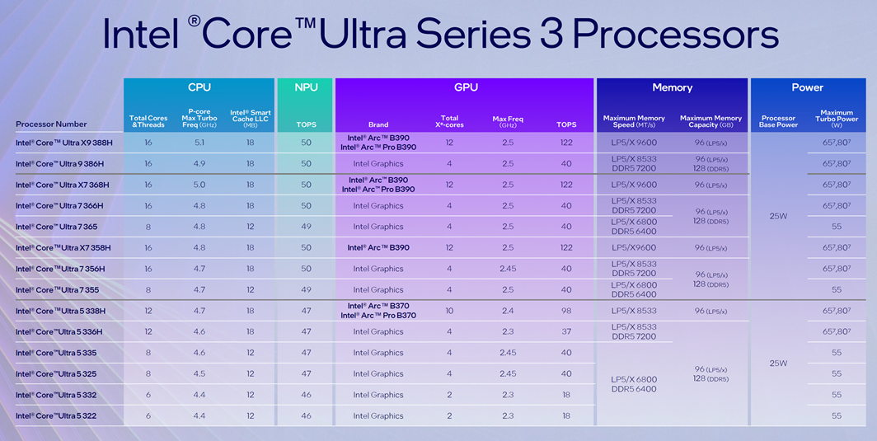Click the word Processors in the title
click(x=676, y=35)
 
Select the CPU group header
click(x=199, y=87)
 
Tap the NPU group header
click(x=306, y=87)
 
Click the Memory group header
click(x=672, y=87)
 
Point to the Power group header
click(x=807, y=87)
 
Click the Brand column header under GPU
click(x=378, y=125)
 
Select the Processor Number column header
click(x=51, y=124)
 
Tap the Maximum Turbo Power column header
click(x=837, y=119)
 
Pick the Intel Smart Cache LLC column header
click(x=250, y=119)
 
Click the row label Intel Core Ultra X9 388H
click(x=63, y=143)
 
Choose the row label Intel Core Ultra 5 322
click(x=56, y=416)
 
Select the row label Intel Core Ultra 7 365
click(x=56, y=227)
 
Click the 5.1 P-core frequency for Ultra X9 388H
click(x=199, y=143)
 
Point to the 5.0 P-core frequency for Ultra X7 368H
click(x=199, y=185)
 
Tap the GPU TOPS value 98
click(x=566, y=311)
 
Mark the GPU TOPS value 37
click(x=566, y=332)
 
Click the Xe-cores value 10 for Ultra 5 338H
click(x=449, y=311)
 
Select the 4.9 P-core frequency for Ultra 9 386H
click(x=199, y=164)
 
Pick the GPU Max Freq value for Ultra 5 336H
click(x=508, y=332)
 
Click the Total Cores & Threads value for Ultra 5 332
click(x=148, y=395)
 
